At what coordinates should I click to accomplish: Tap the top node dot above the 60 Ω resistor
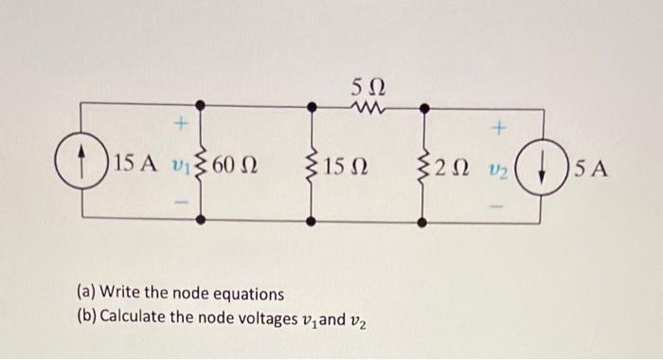[x=202, y=110]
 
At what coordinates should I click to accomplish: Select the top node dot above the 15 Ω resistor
[x=312, y=110]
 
